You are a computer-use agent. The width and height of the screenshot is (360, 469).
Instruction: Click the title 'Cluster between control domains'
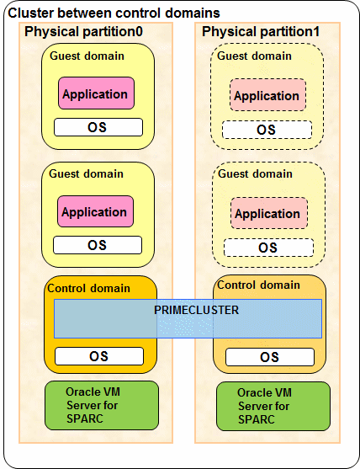114,13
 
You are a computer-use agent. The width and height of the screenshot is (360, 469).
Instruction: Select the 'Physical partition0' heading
83,31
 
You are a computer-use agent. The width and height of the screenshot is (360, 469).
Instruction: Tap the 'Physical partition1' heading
261,31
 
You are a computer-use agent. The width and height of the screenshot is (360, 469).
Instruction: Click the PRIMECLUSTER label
196,310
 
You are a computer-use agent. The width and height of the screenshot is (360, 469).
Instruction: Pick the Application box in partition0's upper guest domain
96,93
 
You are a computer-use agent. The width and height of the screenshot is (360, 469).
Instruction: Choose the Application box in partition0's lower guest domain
95,211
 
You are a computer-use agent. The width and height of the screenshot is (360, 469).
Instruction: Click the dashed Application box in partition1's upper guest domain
267,95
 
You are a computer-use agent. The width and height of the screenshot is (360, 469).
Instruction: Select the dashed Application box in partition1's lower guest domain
269,213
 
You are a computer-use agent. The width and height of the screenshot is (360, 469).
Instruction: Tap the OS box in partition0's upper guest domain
98,127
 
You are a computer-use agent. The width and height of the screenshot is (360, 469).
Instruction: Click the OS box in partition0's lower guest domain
98,245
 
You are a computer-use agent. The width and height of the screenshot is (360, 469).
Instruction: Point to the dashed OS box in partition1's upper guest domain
267,130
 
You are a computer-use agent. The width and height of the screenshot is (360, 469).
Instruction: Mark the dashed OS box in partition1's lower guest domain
268,248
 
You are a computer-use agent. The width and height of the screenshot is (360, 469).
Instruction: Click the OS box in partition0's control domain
99,356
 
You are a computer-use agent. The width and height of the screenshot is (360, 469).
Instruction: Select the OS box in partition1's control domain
270,357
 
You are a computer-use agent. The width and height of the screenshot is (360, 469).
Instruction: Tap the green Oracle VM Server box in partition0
102,405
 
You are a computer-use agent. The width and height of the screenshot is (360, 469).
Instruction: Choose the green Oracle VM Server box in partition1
273,406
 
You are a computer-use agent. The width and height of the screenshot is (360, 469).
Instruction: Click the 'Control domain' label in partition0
88,288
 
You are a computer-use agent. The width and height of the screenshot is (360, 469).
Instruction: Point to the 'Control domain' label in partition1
258,285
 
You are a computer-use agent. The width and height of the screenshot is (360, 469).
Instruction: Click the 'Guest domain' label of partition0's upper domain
87,56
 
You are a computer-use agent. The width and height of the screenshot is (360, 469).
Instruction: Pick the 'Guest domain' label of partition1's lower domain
255,173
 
